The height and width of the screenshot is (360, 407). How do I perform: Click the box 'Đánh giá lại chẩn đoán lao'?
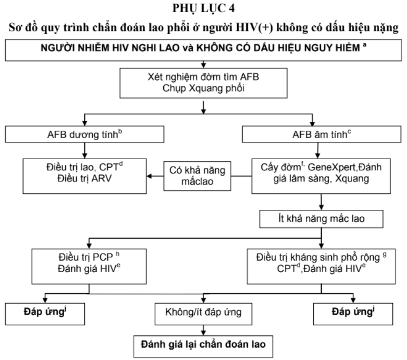coord(204,346)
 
